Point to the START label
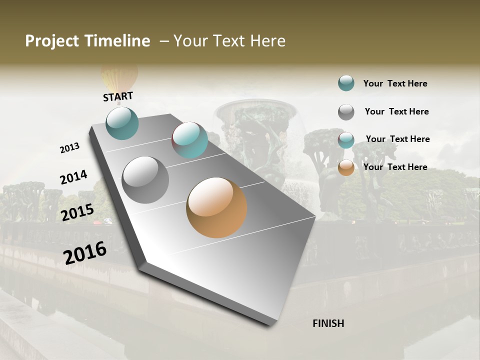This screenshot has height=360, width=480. (x=118, y=96)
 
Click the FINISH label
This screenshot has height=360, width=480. (x=328, y=323)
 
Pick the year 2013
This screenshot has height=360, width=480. (x=69, y=148)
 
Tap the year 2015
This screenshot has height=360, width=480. (x=77, y=212)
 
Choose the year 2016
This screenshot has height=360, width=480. (x=85, y=252)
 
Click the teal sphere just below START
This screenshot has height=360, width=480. (x=122, y=123)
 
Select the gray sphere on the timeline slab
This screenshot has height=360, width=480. (x=145, y=180)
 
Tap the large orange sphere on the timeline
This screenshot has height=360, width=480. (x=216, y=207)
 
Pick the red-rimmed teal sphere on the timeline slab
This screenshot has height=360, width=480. (x=189, y=140)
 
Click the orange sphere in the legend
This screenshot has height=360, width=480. (x=346, y=167)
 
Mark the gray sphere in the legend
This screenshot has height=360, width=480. (x=346, y=112)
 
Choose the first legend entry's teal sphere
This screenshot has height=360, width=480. (x=346, y=83)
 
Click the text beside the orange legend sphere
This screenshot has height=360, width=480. (x=395, y=167)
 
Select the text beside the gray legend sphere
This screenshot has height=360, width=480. (x=396, y=111)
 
